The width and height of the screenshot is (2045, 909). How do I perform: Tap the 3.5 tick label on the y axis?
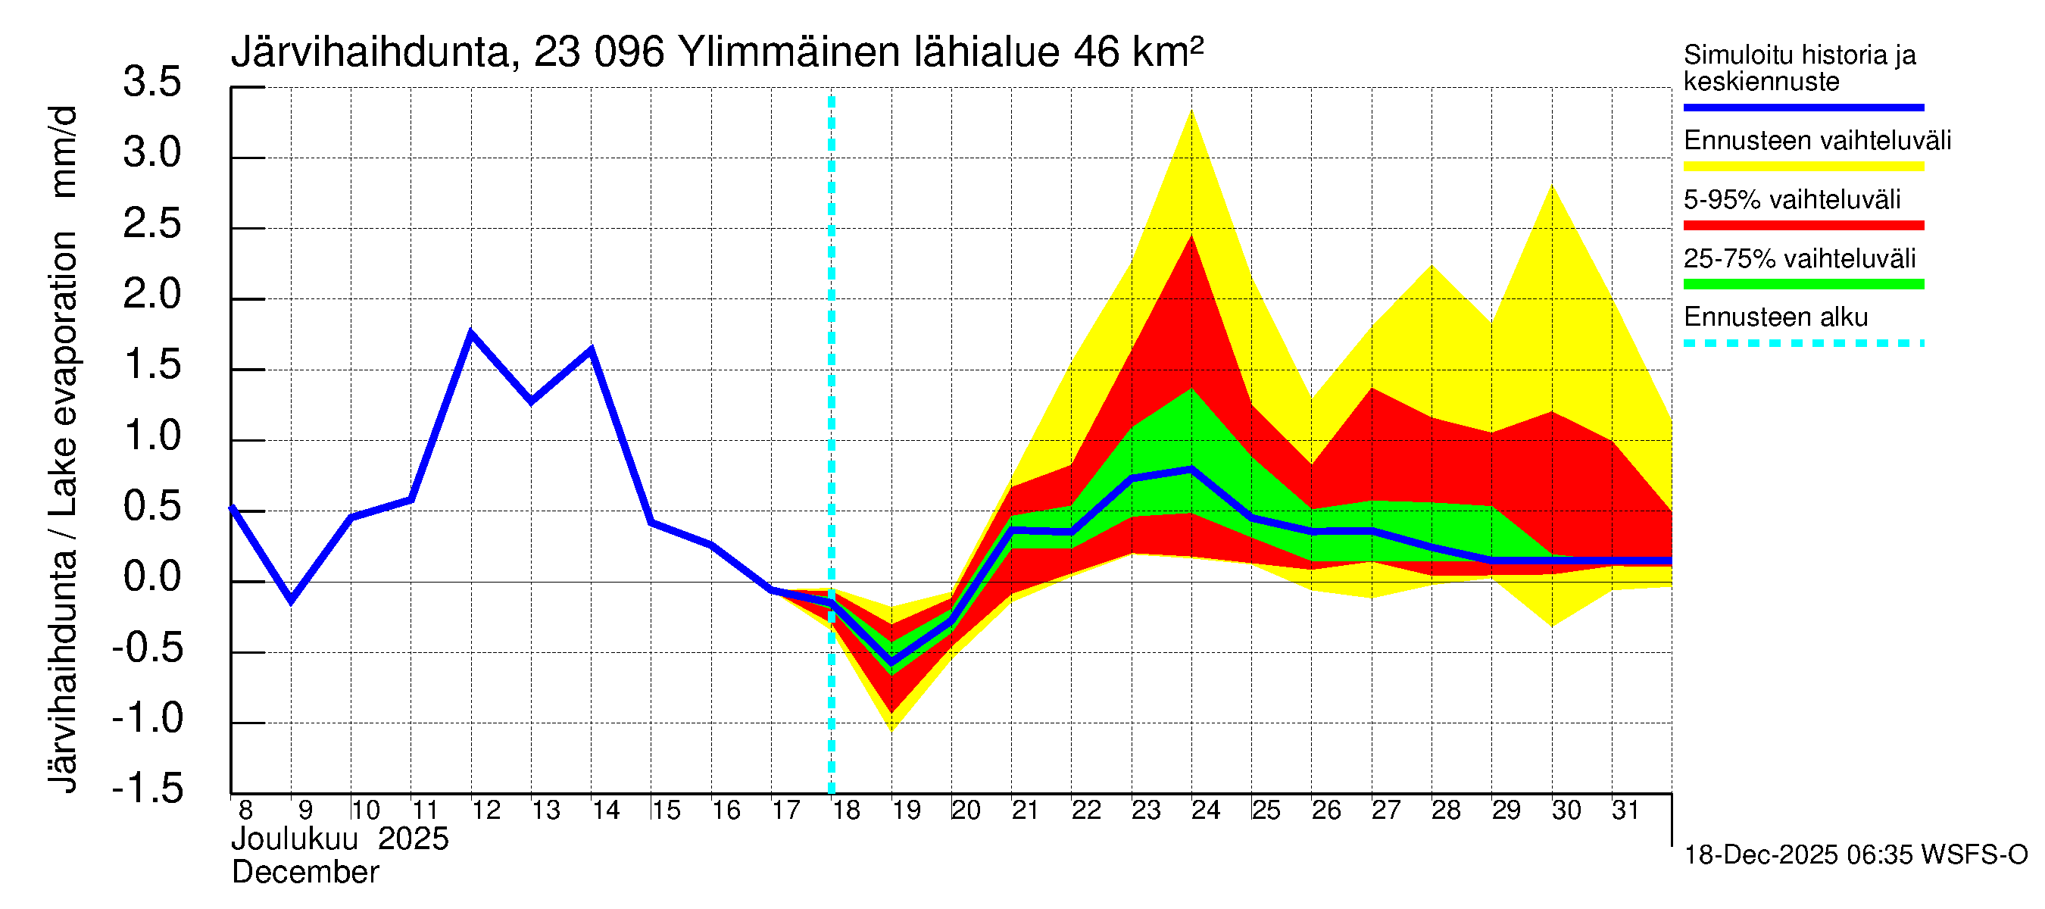click(x=152, y=82)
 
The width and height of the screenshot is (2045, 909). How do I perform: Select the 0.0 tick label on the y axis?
click(x=152, y=576)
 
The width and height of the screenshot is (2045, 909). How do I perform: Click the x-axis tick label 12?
click(x=485, y=811)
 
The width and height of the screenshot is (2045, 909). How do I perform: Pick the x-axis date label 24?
click(x=1205, y=811)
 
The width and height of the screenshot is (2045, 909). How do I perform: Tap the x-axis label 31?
click(x=1625, y=811)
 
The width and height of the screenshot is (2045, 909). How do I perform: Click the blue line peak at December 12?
click(x=472, y=333)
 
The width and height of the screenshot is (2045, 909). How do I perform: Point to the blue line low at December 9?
click(x=292, y=600)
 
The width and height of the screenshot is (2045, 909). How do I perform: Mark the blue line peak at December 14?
click(x=592, y=349)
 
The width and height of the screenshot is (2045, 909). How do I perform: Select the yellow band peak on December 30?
click(x=1551, y=186)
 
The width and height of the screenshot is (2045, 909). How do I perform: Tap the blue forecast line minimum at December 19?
click(x=891, y=662)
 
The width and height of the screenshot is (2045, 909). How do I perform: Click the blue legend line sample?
click(x=1803, y=107)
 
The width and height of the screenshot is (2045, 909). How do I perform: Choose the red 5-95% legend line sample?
click(x=1803, y=226)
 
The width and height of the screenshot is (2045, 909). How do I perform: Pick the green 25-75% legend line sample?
click(x=1803, y=284)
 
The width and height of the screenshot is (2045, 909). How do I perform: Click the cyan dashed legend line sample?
click(x=1803, y=344)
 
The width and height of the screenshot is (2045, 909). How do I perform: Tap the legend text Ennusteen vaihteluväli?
click(x=1817, y=141)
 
